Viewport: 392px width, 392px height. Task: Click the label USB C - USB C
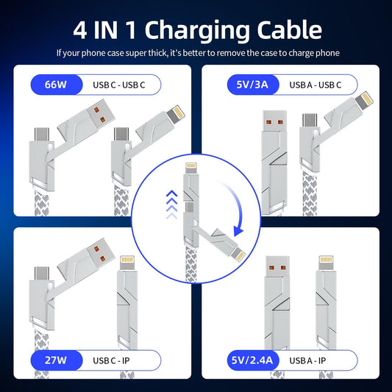[x=118, y=85]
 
